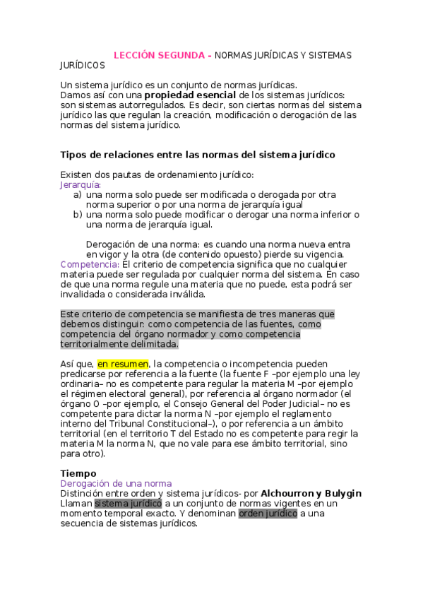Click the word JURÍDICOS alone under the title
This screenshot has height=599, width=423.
83,66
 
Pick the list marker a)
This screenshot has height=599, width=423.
78,194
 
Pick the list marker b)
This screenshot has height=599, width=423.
78,214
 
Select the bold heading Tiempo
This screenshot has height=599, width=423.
78,473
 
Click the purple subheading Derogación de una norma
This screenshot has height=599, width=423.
116,483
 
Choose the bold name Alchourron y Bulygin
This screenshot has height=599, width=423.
311,493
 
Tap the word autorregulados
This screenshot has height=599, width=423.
145,105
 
